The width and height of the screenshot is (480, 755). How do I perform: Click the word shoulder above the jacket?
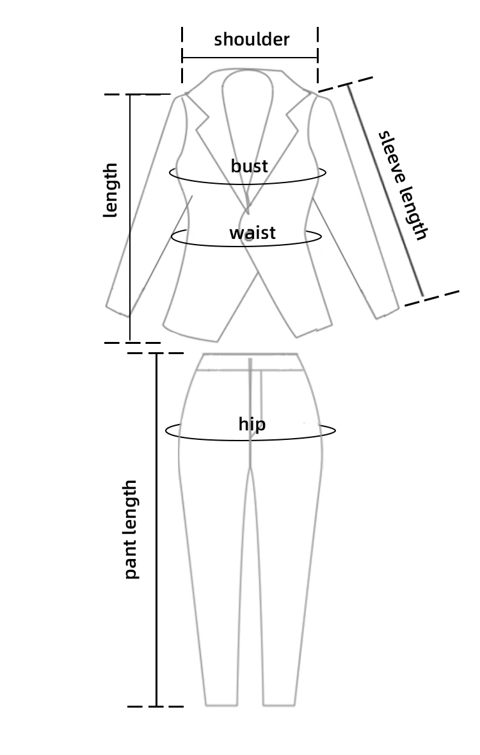252,39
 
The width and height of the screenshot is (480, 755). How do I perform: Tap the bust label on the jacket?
249,166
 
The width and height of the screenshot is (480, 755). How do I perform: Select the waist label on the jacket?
252,232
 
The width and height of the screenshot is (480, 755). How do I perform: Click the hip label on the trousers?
252,423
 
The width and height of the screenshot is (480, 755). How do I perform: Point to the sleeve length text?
403,185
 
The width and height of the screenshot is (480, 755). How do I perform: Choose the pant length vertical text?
131,529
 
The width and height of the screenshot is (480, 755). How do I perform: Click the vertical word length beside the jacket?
111,190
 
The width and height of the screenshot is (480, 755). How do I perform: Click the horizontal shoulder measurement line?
250,58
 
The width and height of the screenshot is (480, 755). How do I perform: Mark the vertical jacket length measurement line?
130,218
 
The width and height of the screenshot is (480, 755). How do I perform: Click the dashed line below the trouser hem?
156,706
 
